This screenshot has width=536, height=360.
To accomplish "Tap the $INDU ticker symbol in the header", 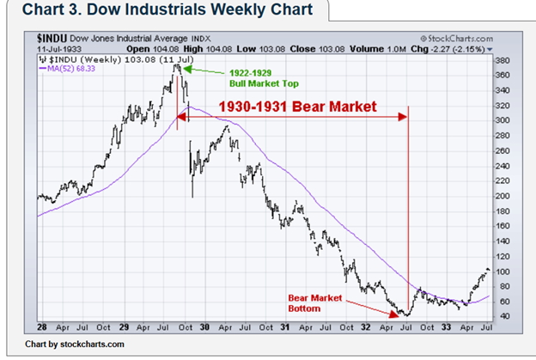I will pos(53,39).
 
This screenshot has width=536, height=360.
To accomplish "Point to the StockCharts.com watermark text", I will pos(458,39).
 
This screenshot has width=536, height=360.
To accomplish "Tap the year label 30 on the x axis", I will pos(204,327).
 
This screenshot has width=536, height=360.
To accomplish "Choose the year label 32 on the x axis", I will pos(364,327).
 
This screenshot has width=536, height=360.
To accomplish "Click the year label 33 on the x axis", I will pos(445,327).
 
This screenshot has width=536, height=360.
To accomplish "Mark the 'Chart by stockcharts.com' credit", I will pos(75,345).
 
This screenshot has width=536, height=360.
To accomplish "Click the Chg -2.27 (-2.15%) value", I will pos(459,49).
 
